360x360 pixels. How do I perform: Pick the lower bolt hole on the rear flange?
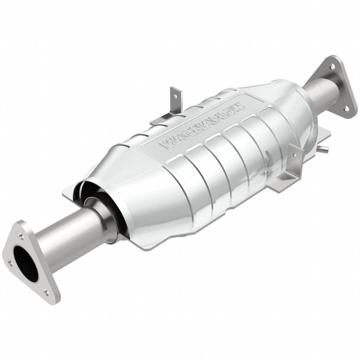pos(346,109)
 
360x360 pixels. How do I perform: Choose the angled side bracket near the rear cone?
pos(288,169)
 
